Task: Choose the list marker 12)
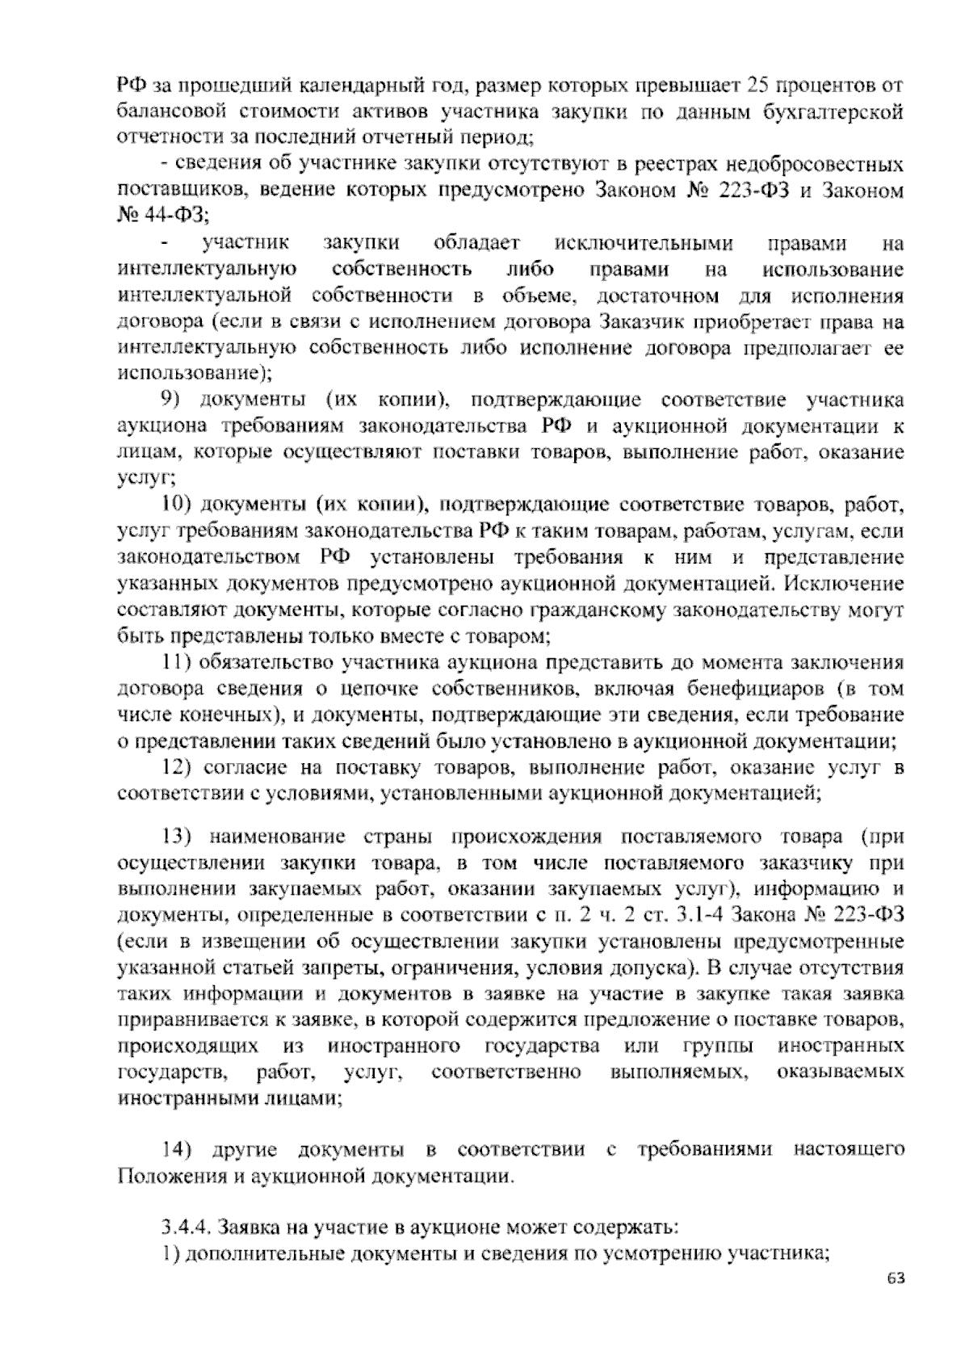pos(175,767)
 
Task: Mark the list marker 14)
pos(175,1149)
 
